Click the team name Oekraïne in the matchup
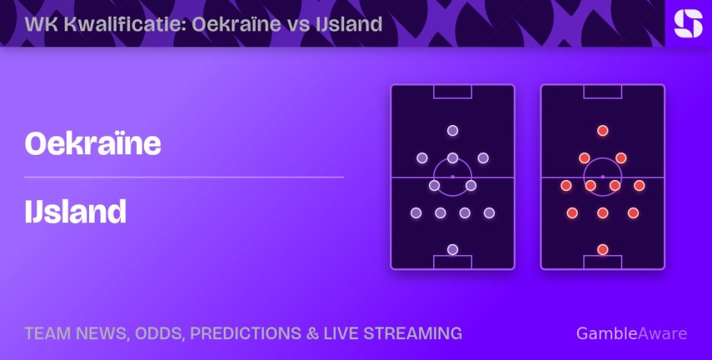pos(93,143)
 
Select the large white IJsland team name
pos(75,211)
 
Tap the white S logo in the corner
pos(688,24)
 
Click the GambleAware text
pos(631,334)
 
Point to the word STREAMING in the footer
pos(412,333)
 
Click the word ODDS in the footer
pos(161,334)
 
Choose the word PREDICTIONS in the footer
pos(245,333)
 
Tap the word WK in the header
pos(42,24)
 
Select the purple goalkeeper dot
pos(452,249)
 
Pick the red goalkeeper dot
pos(603,249)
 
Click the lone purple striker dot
pos(452,131)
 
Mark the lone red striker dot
pos(603,131)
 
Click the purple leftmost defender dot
pos(416,213)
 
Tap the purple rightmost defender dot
pos(489,213)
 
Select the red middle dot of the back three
pos(603,213)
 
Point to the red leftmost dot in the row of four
pos(566,186)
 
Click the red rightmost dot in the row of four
pos(640,186)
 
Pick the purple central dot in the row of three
pos(452,158)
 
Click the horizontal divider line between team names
pos(184,177)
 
